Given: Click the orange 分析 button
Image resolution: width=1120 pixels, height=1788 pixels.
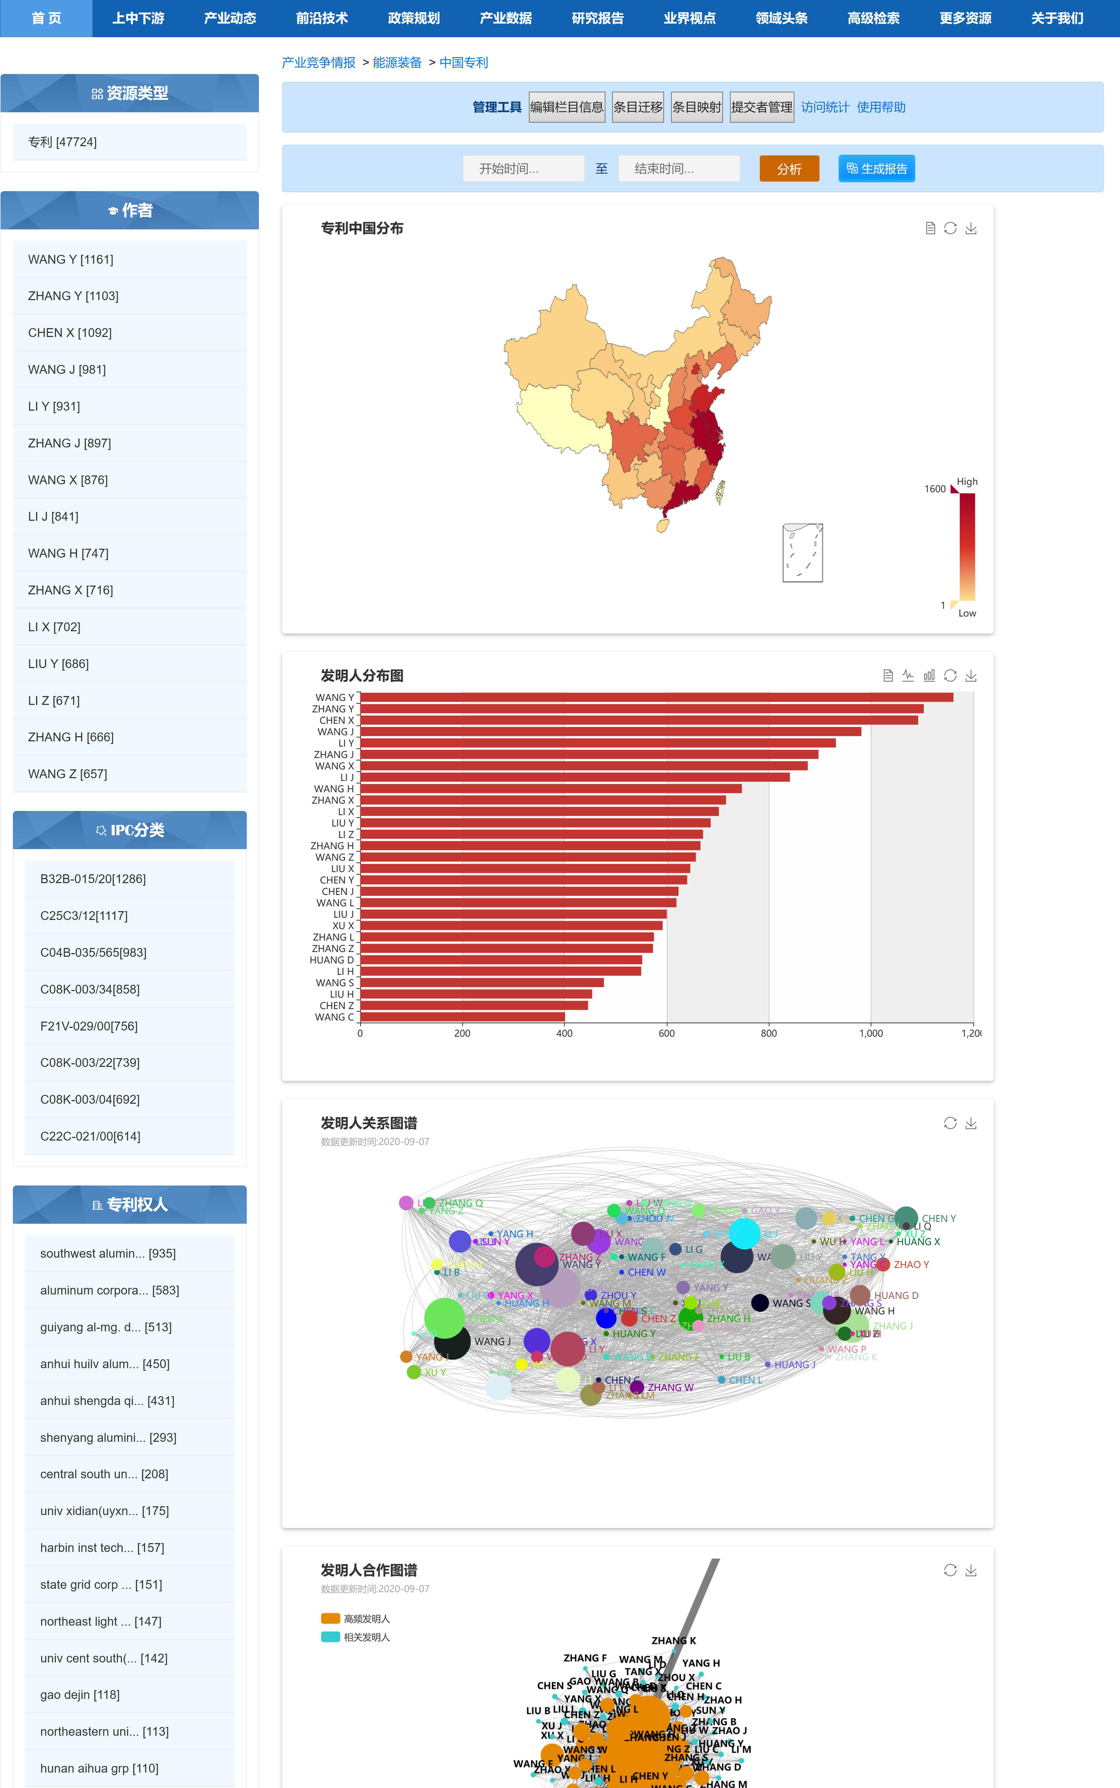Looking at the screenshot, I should click(789, 169).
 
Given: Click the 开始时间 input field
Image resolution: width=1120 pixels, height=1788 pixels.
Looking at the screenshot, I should click(523, 169).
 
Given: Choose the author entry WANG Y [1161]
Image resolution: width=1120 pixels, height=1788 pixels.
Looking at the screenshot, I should click(71, 259).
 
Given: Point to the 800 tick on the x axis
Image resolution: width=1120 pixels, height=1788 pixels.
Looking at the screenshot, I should click(769, 1033).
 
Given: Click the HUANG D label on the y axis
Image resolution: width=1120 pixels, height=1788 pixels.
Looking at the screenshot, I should click(332, 960).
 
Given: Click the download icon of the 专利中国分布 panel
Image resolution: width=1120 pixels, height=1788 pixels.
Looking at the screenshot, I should click(971, 228).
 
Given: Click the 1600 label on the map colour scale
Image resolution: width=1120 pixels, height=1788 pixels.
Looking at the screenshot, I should click(935, 489).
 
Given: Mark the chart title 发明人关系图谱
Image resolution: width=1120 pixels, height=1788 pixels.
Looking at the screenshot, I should click(369, 1123).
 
